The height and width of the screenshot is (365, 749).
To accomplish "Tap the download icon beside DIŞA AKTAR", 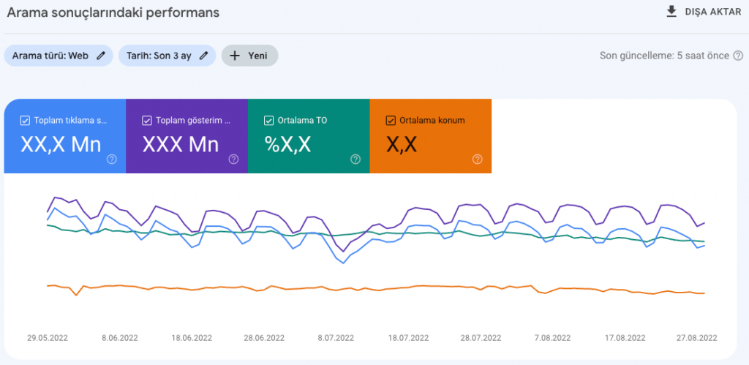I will [671, 12].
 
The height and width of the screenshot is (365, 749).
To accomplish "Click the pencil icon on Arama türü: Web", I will [101, 56].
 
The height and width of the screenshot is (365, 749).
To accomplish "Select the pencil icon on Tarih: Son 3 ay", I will [204, 56].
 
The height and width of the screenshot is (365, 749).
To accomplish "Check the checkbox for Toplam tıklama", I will [25, 121].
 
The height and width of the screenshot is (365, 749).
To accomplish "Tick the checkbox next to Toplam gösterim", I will [147, 121].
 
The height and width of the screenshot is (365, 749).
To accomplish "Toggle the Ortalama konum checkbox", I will [391, 121].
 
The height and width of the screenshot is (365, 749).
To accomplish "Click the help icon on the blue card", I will [112, 159].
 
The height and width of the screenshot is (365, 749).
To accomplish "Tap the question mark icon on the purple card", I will [233, 159].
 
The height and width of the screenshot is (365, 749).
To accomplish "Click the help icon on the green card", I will [355, 159].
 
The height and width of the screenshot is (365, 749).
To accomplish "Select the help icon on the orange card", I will [477, 159].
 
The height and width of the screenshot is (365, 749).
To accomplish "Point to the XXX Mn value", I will [180, 145].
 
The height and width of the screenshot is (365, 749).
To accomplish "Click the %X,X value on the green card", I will [287, 145].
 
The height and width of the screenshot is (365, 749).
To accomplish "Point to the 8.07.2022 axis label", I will [335, 338].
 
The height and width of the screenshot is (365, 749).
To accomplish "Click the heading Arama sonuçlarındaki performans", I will [113, 12].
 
